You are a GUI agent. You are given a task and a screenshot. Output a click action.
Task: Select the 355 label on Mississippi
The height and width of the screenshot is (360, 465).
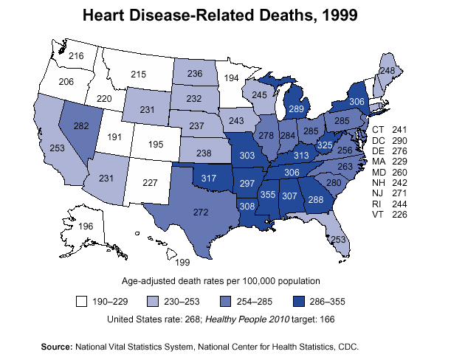coord(269,194)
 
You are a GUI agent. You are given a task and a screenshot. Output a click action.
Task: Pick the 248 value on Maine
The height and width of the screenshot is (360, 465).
coord(387,69)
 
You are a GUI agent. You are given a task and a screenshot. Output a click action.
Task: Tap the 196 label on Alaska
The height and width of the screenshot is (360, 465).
coord(86,227)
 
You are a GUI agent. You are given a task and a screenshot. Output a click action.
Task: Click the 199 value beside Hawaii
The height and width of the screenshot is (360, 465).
coord(183,262)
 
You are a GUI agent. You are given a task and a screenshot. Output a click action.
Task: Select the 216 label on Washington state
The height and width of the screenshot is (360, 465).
coord(76,56)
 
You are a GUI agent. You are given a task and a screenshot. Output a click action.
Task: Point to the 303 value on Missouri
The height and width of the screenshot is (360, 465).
coord(247,156)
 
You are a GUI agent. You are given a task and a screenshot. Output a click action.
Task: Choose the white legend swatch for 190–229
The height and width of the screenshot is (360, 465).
coord(82,302)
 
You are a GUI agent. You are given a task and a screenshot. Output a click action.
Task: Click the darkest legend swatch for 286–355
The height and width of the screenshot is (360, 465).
coord(300,302)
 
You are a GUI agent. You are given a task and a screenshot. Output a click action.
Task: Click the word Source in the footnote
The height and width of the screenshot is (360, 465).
coord(56,346)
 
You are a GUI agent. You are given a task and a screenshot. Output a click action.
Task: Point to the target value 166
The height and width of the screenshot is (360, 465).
coord(328,319)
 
